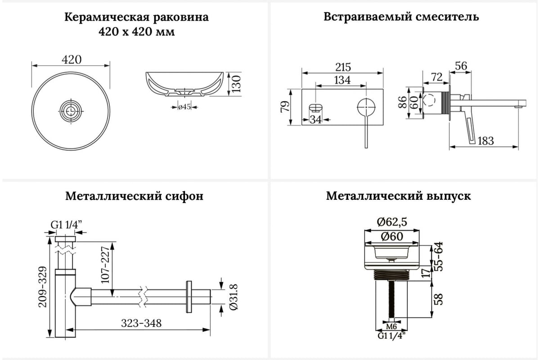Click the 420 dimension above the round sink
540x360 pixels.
(x=72, y=59)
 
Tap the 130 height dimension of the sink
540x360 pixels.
(x=236, y=84)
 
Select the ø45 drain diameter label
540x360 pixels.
(x=184, y=107)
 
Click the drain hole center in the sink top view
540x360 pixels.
(x=71, y=111)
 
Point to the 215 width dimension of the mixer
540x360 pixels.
(x=343, y=67)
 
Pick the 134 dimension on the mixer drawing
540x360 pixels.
(x=342, y=80)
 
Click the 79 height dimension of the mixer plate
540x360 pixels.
(x=285, y=107)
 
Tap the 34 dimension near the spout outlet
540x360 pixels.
(x=315, y=119)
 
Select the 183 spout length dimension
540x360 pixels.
(x=486, y=141)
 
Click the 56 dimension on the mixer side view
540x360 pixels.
(x=461, y=66)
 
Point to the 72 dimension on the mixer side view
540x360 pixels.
(x=437, y=77)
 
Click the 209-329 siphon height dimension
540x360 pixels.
(x=43, y=287)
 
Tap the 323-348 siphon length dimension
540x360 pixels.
(x=141, y=323)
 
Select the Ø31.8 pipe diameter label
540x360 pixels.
(x=234, y=297)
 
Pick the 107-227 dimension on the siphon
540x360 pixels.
(x=105, y=265)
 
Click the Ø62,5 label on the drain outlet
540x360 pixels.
(x=392, y=222)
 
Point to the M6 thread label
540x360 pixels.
(x=391, y=327)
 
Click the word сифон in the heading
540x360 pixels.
(x=184, y=196)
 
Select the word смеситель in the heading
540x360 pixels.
(x=447, y=17)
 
